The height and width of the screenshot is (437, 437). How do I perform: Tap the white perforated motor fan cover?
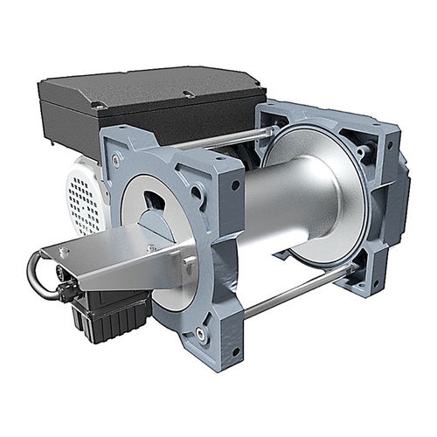[x=83, y=197]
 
